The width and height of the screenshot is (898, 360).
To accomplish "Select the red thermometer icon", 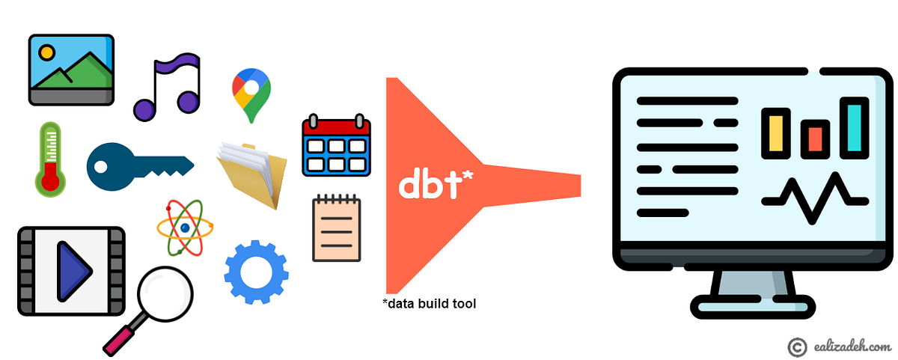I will tap(51, 159).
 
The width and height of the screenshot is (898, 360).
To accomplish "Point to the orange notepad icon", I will tap(337, 228).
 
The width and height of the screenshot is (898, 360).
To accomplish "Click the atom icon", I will tap(184, 227).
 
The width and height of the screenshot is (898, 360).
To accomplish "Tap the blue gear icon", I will tap(257, 272).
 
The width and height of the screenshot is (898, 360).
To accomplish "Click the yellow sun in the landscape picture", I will tap(47, 53).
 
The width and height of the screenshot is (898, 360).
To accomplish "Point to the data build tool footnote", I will tap(429, 304).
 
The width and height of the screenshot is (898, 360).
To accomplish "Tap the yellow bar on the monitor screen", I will tap(776, 132).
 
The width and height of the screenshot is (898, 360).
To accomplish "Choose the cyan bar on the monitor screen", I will tap(854, 127).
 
